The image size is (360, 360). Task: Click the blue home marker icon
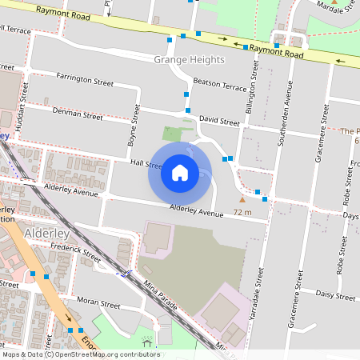click(179, 173)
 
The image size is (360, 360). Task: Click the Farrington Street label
click(85, 79)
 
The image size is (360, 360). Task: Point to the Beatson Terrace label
click(220, 84)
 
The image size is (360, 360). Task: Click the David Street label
click(219, 122)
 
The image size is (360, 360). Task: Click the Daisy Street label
click(336, 296)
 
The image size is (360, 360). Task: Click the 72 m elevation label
click(242, 212)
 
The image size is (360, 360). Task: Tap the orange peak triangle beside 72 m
click(242, 199)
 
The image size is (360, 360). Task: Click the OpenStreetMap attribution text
click(80, 354)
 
